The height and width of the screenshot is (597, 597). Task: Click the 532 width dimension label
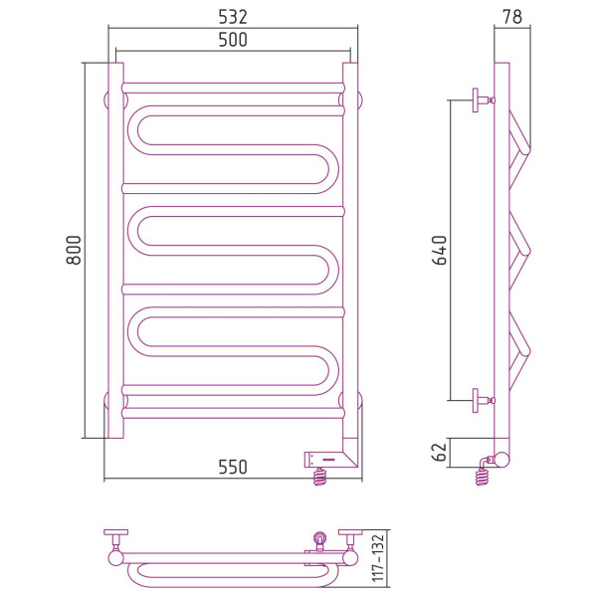coord(233,17)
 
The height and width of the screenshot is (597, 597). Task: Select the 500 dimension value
coord(233,40)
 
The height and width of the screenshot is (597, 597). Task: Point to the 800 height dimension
coord(74,250)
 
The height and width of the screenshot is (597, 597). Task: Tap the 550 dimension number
coord(233,467)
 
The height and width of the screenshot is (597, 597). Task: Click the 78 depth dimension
coord(512,17)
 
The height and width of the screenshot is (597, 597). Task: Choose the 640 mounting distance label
coord(440,250)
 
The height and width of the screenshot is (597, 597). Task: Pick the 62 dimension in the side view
coord(440,452)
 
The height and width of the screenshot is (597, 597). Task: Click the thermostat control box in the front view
coord(325,460)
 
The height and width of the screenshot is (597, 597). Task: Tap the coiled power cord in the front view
coord(319,477)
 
